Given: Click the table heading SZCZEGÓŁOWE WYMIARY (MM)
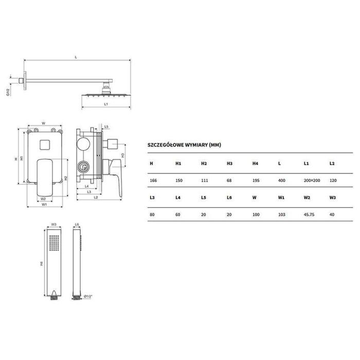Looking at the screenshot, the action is pos(184,145).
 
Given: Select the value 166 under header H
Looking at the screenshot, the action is pos(153,181).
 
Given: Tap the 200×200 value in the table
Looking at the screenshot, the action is pos(312,181).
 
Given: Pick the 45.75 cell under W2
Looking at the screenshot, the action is pos(309,214).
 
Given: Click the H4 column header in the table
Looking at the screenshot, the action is pos(255,164).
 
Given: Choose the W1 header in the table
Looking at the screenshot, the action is pos(281,197).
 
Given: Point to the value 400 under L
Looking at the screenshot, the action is pos(281,181).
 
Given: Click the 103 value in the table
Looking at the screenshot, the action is pos(281,214).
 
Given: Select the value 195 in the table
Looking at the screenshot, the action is pos(256,181).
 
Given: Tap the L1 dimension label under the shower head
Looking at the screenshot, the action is pos(106,104).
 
